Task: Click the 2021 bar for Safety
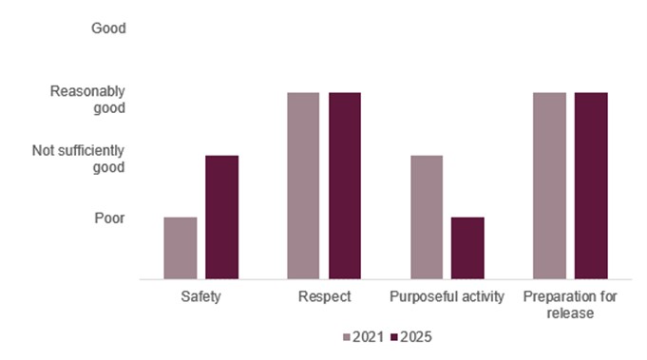181,248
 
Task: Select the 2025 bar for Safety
221,217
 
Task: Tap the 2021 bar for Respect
303,185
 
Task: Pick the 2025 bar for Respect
345,185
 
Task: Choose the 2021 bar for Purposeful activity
426,217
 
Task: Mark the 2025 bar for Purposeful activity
467,248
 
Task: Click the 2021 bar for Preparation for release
549,185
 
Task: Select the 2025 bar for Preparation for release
590,185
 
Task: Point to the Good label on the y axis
108,28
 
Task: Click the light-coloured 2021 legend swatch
348,337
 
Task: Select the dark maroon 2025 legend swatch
392,337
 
